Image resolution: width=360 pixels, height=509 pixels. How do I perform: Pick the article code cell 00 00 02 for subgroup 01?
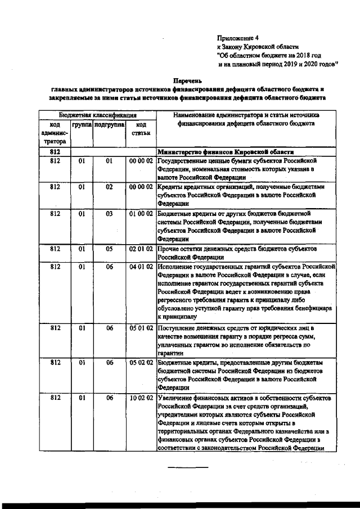141,161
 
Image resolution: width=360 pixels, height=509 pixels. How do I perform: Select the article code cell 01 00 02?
141,214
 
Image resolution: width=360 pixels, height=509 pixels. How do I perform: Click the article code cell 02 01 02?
141,248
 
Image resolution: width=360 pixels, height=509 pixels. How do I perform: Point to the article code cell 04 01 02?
141,266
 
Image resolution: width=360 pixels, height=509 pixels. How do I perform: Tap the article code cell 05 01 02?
141,327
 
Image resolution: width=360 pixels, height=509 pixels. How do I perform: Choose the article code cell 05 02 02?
141,363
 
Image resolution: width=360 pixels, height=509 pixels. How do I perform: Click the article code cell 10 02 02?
141,398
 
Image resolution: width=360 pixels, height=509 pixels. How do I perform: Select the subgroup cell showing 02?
110,186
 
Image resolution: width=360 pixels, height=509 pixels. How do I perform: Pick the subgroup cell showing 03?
110,214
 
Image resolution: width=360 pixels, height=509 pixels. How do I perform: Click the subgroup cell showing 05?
110,248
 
